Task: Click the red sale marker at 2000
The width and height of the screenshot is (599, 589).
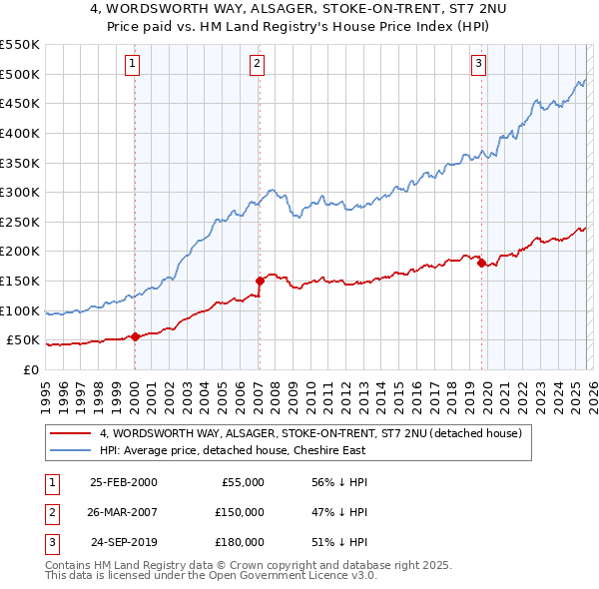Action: [135, 336]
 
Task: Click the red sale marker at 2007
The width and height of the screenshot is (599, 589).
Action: [260, 281]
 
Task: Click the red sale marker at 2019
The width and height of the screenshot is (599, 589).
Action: [481, 264]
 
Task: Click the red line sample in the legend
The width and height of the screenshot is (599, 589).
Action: [70, 434]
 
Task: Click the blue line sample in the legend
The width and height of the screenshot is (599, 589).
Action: [70, 451]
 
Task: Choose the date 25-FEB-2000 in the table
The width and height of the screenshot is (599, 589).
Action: [123, 482]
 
